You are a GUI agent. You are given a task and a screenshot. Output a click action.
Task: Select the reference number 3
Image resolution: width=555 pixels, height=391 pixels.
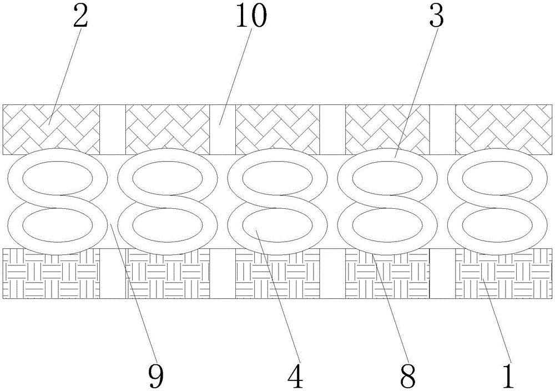click(x=436, y=19)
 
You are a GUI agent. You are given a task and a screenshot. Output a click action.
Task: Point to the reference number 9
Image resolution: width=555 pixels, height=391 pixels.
click(x=156, y=375)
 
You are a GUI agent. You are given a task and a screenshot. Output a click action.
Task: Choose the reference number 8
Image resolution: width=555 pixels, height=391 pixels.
click(x=408, y=375)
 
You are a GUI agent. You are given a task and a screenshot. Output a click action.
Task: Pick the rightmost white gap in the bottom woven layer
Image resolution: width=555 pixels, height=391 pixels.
click(x=442, y=275)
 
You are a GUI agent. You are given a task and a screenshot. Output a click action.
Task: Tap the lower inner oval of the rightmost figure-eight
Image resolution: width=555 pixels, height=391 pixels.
click(x=497, y=224)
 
